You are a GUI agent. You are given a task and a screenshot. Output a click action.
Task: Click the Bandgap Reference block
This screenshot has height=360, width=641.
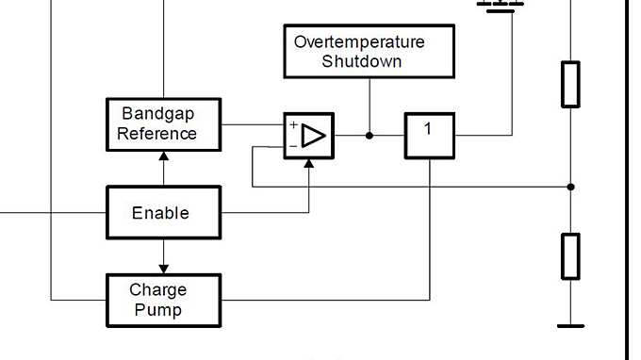point(163,124)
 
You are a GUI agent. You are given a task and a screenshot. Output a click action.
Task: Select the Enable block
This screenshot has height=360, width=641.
point(163,212)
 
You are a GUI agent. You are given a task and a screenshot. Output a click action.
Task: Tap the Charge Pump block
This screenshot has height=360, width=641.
point(163,300)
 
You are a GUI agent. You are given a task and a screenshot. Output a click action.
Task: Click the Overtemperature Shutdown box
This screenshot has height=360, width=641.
point(369,51)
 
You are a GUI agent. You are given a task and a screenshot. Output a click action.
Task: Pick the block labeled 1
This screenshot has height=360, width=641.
point(430,136)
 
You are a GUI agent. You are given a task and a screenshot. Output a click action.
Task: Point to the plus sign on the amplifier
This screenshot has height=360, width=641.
point(293,125)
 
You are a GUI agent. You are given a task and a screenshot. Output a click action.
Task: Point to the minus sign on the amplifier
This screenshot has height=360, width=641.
point(293,146)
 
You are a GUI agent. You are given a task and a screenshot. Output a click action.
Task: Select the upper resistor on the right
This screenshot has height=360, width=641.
point(570,84)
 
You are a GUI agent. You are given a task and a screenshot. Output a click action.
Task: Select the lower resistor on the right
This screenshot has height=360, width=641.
point(570,255)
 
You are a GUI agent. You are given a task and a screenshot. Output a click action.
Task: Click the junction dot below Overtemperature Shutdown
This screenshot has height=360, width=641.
point(369,136)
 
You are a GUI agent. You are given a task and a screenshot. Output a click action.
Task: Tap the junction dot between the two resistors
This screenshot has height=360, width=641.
point(570,187)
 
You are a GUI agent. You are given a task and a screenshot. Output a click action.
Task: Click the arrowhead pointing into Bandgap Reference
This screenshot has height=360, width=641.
point(163,156)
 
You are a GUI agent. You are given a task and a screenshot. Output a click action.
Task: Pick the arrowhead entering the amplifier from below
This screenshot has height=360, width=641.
point(308,164)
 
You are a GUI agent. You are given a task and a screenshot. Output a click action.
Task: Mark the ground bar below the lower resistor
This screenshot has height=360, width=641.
point(570,326)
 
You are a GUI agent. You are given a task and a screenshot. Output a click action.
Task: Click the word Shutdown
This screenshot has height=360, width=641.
point(362,61)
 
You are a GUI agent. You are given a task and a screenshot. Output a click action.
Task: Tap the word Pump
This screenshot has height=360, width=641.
point(158,309)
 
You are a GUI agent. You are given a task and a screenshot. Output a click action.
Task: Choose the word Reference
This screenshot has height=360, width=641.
point(157,134)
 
